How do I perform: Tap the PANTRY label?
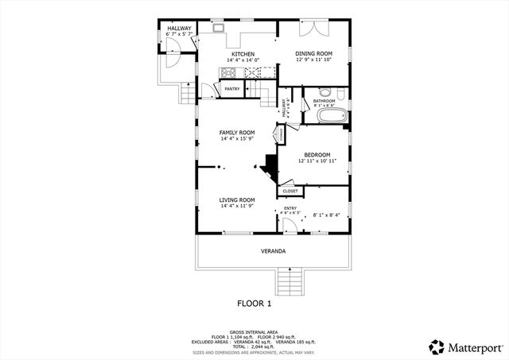(232, 89)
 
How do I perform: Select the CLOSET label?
(290, 191)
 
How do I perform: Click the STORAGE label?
(281, 135)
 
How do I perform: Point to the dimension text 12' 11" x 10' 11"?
(314, 161)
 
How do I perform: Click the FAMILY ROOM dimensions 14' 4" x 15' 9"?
(237, 139)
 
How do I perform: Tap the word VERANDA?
(273, 251)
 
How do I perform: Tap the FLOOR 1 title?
(254, 303)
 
